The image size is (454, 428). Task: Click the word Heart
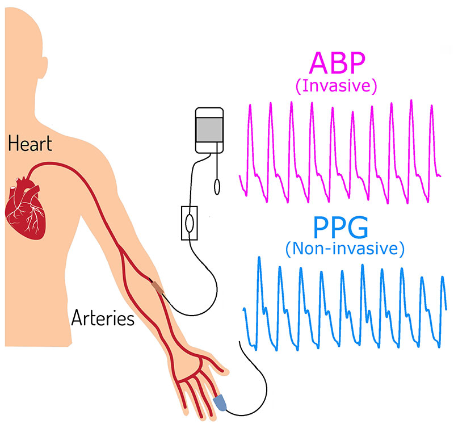[30, 144]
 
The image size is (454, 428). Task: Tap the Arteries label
[103, 318]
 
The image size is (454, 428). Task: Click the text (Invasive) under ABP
[336, 86]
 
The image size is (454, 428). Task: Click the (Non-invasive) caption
[345, 249]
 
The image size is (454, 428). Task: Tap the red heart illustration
[26, 208]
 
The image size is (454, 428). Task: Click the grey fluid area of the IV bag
[209, 130]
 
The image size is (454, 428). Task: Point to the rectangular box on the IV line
[190, 223]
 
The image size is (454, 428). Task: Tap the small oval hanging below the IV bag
[217, 187]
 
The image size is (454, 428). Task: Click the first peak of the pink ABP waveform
[250, 106]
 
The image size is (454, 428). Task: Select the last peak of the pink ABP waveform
[431, 106]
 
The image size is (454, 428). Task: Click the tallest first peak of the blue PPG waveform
[259, 258]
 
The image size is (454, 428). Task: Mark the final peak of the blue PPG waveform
[443, 278]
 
